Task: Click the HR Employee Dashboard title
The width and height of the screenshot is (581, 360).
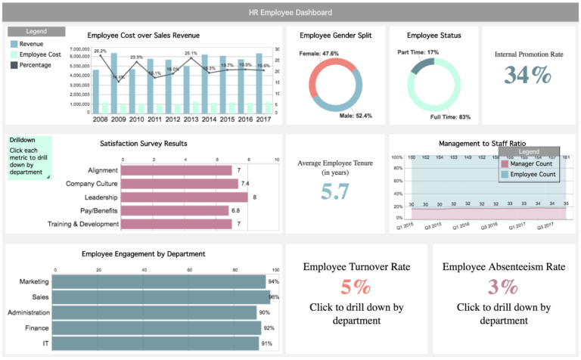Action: pyautogui.click(x=290, y=12)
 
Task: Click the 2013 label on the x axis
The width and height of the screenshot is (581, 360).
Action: pyautogui.click(x=191, y=119)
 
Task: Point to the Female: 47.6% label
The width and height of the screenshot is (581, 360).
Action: pyautogui.click(x=319, y=54)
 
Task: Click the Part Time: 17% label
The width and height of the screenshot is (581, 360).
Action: pyautogui.click(x=418, y=52)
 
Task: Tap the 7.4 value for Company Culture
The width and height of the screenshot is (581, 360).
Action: pyautogui.click(x=244, y=184)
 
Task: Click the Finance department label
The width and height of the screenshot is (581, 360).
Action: pyautogui.click(x=37, y=328)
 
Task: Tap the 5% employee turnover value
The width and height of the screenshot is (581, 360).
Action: pyautogui.click(x=356, y=287)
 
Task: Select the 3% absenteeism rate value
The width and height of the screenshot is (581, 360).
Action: pyautogui.click(x=503, y=287)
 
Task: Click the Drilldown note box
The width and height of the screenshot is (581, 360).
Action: pyautogui.click(x=30, y=157)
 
